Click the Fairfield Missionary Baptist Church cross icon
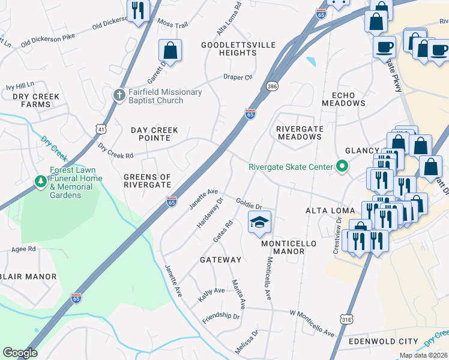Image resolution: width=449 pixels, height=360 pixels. [119, 95]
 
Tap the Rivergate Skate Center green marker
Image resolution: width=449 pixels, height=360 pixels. [342, 166]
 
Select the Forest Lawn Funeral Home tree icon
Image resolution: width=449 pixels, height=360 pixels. [41, 181]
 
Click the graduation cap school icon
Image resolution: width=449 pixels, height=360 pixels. [259, 222]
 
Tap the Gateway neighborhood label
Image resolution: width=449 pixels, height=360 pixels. [220, 260]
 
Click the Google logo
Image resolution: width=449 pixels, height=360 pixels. [20, 353]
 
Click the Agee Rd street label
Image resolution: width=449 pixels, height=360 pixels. [23, 248]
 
